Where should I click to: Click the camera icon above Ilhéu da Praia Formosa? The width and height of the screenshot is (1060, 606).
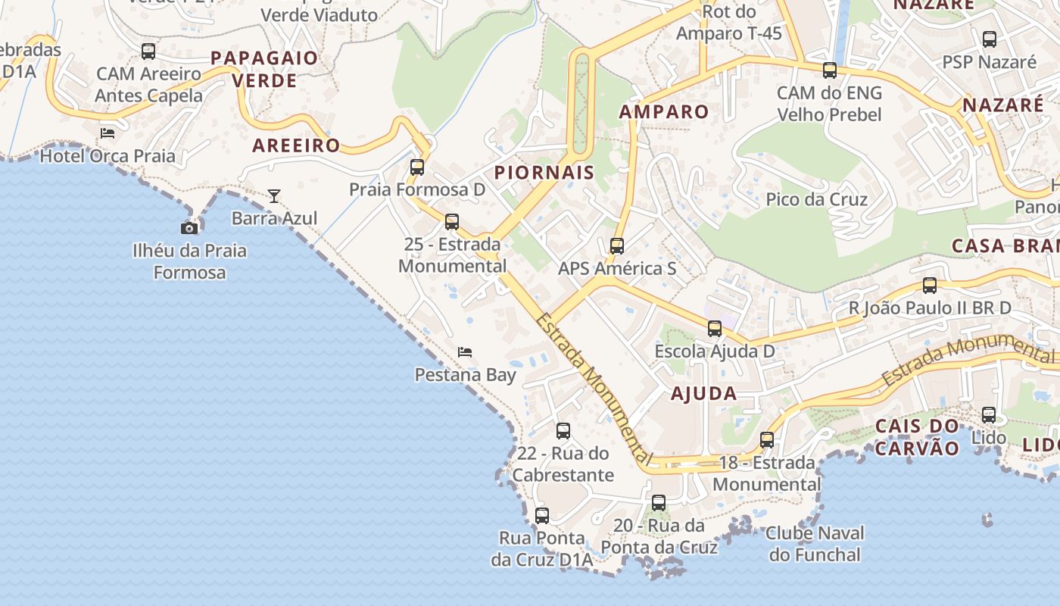[189, 228]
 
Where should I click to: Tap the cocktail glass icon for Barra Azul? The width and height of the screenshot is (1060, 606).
[273, 196]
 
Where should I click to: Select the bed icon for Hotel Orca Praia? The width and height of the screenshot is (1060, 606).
[108, 133]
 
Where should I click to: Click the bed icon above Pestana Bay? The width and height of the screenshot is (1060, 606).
[465, 352]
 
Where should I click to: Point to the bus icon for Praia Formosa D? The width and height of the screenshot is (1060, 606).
[417, 167]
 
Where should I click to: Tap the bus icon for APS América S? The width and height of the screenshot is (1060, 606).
[617, 246]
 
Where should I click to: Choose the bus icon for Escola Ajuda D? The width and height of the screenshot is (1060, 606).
[715, 329]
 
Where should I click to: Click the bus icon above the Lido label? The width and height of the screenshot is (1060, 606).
[989, 415]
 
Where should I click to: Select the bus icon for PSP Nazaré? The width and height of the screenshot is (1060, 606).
[990, 39]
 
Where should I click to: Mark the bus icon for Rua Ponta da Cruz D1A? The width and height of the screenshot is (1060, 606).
[542, 516]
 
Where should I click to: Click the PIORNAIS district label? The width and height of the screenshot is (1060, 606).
[544, 173]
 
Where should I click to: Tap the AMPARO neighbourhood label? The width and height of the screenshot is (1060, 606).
[664, 112]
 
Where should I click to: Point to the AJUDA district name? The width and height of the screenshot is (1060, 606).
[703, 393]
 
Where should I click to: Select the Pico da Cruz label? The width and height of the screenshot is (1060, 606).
[816, 199]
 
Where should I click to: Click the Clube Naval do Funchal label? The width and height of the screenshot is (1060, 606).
[815, 544]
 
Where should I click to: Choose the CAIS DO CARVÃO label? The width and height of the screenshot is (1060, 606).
[918, 436]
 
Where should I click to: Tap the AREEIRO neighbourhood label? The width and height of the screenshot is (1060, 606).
[296, 145]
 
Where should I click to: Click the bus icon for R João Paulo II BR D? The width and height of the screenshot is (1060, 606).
[930, 286]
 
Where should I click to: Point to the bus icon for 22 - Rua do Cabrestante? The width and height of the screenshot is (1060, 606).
[563, 431]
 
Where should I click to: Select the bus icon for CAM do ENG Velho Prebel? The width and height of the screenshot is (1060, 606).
[830, 70]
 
